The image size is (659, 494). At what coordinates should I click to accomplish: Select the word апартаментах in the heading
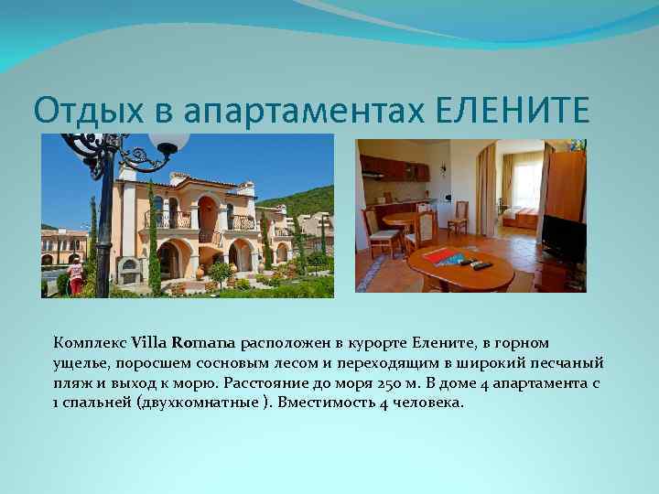pyautogui.click(x=305, y=111)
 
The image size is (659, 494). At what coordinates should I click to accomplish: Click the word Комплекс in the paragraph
pyautogui.click(x=91, y=344)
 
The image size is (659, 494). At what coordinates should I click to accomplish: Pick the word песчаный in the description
pyautogui.click(x=570, y=363)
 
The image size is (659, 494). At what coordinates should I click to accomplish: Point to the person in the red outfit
pyautogui.click(x=76, y=274)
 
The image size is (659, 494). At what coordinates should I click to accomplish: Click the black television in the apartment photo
pyautogui.click(x=563, y=239)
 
